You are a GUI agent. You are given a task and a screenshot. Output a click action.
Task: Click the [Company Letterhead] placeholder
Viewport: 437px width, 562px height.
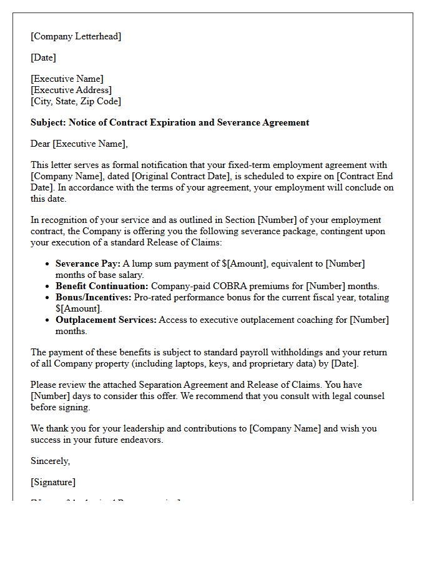coord(76,36)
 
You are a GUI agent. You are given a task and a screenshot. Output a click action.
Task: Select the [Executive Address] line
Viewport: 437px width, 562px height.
coord(71,90)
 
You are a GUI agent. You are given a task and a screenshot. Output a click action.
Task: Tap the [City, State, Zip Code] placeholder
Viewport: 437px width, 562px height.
coord(76,101)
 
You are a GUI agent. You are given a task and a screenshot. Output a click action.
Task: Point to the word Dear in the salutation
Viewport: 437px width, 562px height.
coord(41,144)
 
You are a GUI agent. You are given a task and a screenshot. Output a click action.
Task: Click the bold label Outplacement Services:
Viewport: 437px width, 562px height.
coord(106,320)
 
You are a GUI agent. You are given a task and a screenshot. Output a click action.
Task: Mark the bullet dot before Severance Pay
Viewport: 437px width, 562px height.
coord(47,264)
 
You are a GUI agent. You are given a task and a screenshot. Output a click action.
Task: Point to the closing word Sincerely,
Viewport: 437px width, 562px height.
coord(51,461)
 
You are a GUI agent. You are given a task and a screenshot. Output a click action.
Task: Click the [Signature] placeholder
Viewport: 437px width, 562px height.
coord(53,482)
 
